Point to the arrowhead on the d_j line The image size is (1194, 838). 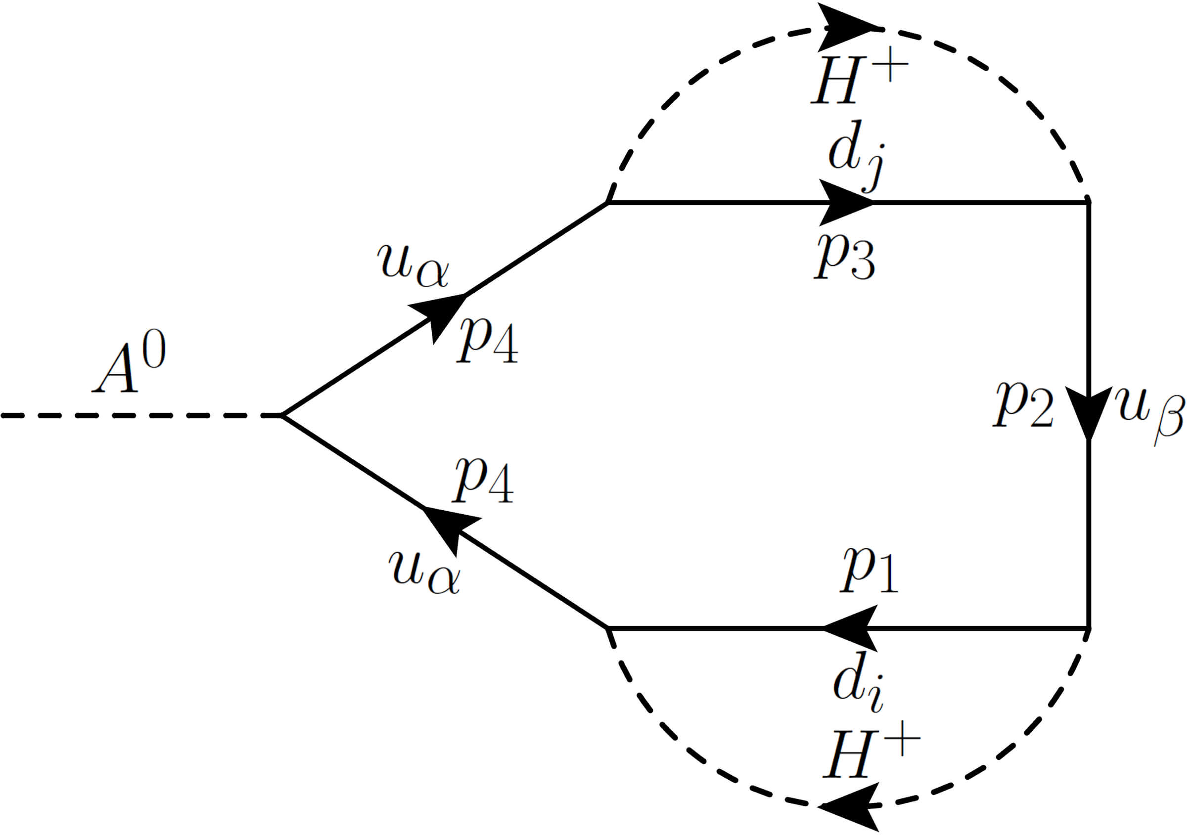(x=845, y=202)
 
